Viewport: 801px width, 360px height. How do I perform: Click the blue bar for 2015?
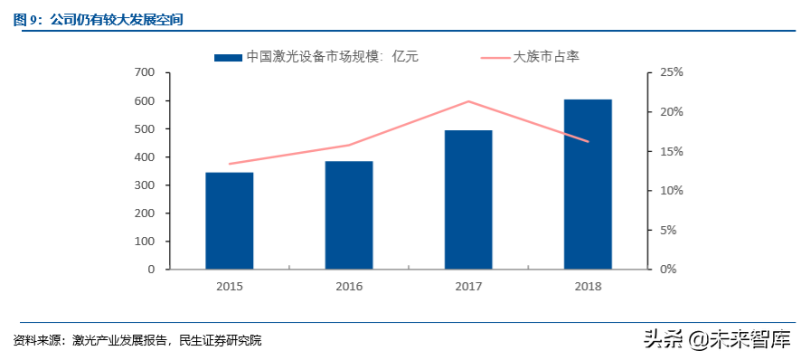pos(229,221)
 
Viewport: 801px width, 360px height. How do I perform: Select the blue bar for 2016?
pos(349,215)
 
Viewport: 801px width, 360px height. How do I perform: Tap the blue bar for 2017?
pos(468,200)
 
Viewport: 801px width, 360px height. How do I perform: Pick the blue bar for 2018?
pos(588,184)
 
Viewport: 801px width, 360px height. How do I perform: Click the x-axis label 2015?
pos(229,287)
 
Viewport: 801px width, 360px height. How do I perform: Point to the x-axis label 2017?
pos(468,287)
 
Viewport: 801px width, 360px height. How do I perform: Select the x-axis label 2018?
pos(588,287)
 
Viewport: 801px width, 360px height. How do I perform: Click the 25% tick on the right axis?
pos(671,72)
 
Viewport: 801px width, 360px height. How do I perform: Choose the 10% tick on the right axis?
pos(671,191)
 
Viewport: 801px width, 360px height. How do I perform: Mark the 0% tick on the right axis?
pos(668,270)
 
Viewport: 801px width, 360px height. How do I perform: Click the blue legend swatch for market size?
pos(229,57)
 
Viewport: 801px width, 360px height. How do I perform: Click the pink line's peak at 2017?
pos(468,101)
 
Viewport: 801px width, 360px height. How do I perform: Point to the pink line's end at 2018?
pos(588,141)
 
